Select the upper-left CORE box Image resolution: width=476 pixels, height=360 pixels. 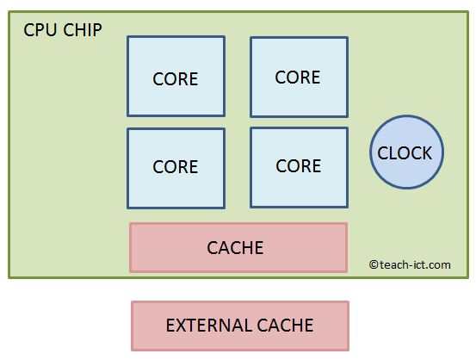[x=176, y=76]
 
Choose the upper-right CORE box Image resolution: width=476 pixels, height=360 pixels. [x=299, y=76]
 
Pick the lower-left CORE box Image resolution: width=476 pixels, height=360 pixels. [x=176, y=168]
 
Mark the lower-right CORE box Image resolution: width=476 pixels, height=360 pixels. [x=299, y=167]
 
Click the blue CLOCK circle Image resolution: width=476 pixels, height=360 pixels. [x=405, y=153]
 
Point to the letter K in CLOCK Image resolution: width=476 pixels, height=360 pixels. [x=426, y=153]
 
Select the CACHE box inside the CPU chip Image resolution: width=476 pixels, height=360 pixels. [x=238, y=247]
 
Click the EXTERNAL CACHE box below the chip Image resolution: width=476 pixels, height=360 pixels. [x=239, y=326]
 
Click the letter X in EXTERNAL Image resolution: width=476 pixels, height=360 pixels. [x=182, y=326]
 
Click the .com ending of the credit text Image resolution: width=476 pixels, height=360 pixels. [x=439, y=265]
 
